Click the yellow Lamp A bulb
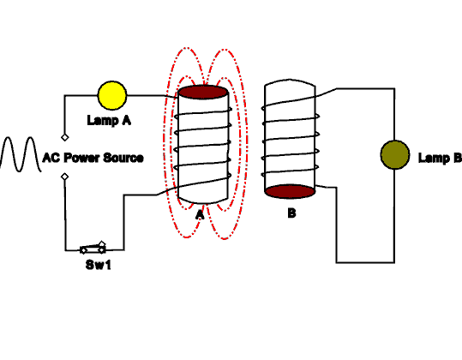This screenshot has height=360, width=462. point(111,95)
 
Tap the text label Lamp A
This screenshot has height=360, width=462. point(109,121)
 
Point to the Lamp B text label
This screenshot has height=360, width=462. point(440,158)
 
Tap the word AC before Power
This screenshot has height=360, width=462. point(51,158)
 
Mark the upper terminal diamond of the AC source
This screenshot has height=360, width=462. point(66,135)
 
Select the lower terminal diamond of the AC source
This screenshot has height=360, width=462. point(66,177)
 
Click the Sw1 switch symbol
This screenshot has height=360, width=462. point(93,248)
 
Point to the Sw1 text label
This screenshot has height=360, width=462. point(99,265)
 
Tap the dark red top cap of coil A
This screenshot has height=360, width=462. point(202,92)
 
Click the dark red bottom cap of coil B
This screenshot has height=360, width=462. point(291,191)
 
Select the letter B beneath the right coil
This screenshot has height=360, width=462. point(291,213)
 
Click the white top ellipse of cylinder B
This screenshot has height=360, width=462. point(291,87)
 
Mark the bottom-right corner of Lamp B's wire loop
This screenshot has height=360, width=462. point(395,261)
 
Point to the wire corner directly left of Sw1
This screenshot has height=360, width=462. point(66,250)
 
